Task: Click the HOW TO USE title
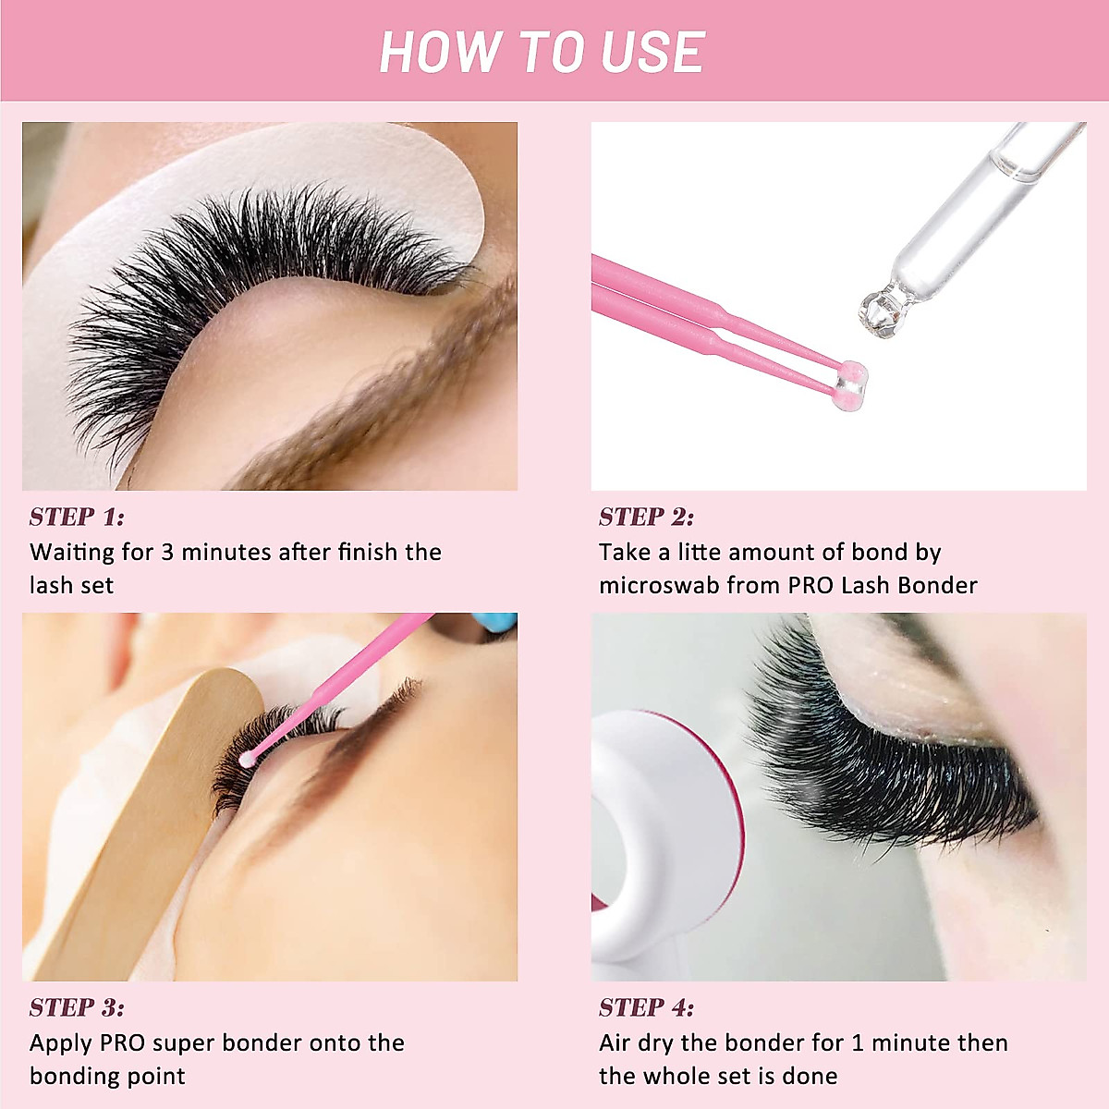click(542, 52)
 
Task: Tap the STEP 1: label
click(77, 517)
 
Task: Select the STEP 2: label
click(646, 517)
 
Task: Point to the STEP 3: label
click(77, 1007)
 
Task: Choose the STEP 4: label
click(646, 1007)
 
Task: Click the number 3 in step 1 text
click(167, 553)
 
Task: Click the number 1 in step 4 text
click(858, 1043)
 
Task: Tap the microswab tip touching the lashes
click(247, 759)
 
